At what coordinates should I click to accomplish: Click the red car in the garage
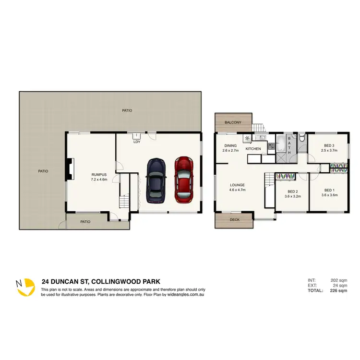coord(183,179)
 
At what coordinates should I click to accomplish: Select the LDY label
coord(136,141)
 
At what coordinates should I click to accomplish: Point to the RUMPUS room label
coord(98,175)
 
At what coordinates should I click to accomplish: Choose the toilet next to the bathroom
coord(301,138)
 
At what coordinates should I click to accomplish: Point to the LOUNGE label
coord(238,185)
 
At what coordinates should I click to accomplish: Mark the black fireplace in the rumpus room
coord(71,169)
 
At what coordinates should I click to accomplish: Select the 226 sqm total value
coord(339,290)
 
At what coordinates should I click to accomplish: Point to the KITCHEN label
coord(253,149)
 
